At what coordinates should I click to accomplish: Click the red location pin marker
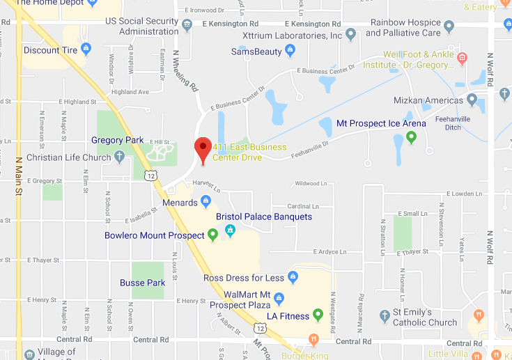point(202,148)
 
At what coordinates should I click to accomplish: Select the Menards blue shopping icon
point(205,203)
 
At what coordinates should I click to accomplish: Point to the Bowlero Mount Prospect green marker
point(213,235)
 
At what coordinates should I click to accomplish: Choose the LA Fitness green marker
point(318,315)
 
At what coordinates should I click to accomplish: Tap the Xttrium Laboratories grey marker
point(351,33)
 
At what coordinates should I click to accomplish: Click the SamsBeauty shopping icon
point(290,51)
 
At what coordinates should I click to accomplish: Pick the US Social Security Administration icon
point(187,26)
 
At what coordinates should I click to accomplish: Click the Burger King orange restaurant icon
point(313,339)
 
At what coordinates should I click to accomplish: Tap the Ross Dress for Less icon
point(293,278)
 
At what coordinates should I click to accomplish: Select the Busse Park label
point(142,283)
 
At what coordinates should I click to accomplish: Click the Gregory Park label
point(117,140)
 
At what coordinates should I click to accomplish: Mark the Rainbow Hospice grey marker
point(449,26)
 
